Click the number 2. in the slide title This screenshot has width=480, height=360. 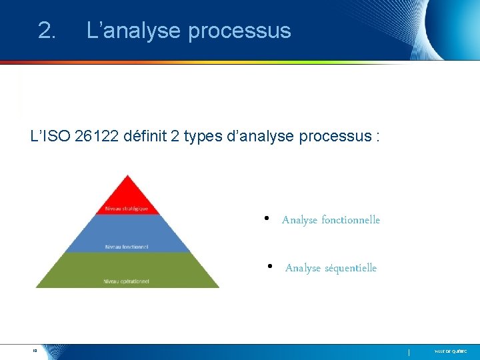tap(47, 31)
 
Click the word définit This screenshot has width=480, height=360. tap(146, 137)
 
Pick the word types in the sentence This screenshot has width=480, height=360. tap(202, 137)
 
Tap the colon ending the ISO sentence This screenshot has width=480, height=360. tap(378, 137)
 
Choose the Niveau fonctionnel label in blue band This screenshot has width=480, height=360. tap(126, 247)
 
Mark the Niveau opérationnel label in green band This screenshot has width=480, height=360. tap(126, 281)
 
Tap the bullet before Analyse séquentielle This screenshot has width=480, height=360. tap(269, 267)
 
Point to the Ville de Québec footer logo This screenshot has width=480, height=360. tap(451, 351)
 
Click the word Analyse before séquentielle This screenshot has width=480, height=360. tap(303, 268)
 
